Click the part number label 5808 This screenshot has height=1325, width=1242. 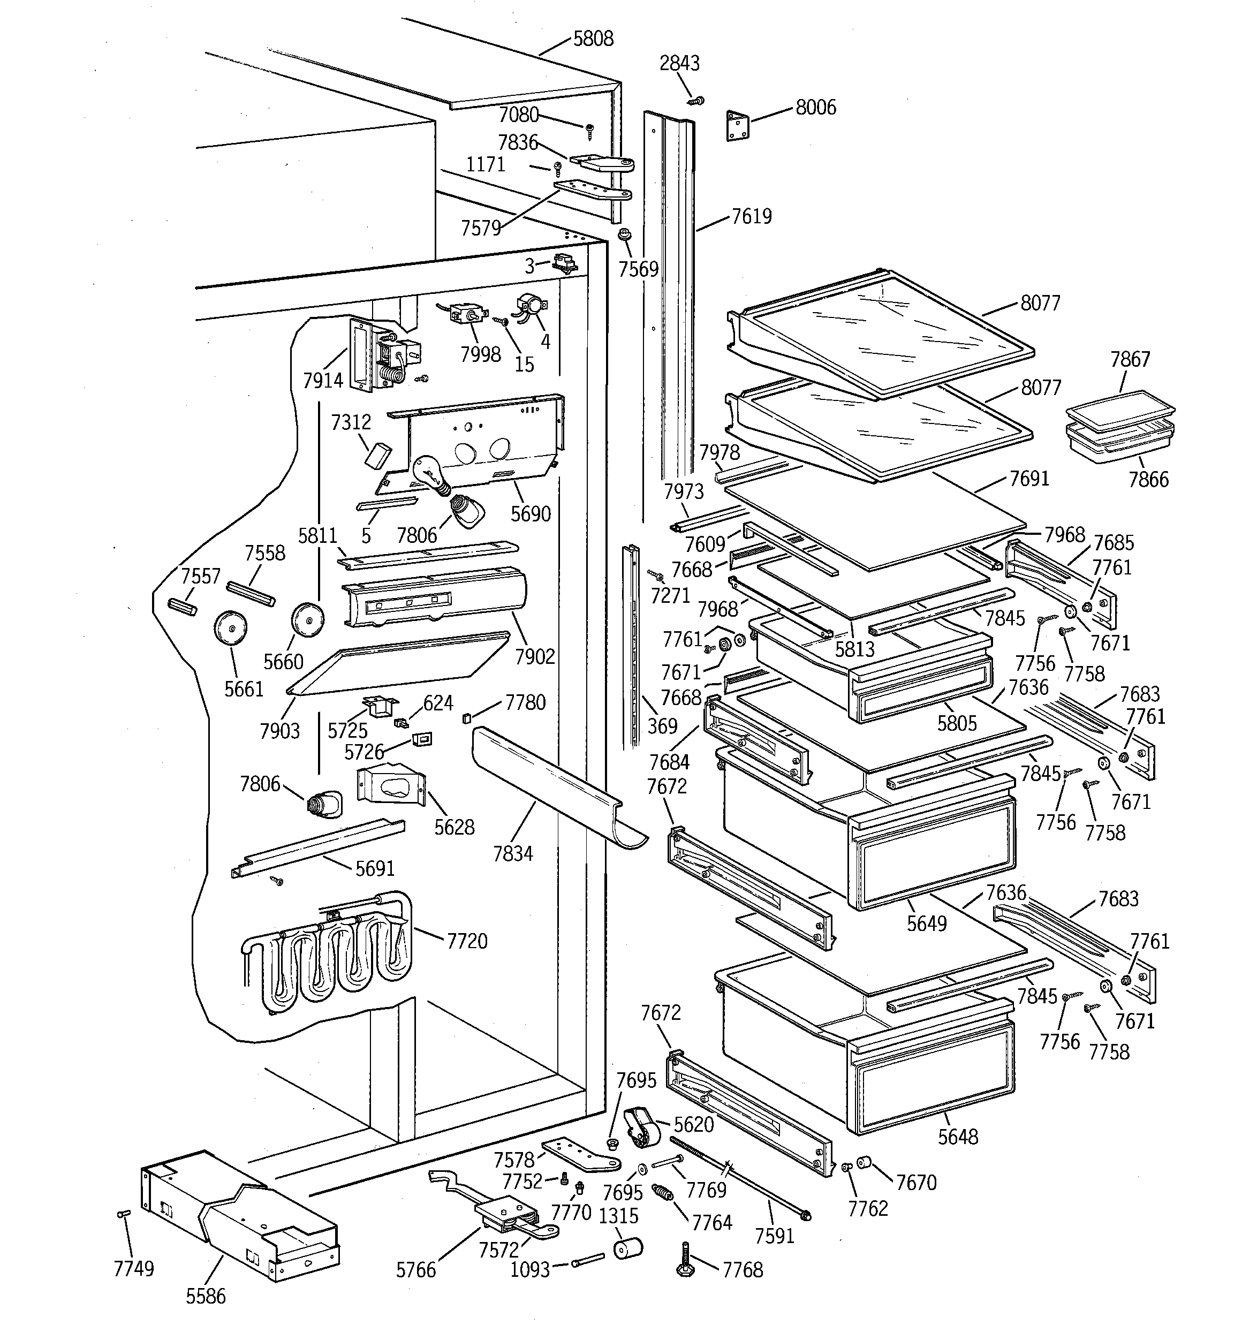[593, 39]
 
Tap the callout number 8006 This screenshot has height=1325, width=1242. [815, 107]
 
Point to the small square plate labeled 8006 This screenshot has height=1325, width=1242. [737, 126]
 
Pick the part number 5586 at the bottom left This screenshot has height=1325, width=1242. [206, 1296]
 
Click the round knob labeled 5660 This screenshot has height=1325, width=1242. [307, 619]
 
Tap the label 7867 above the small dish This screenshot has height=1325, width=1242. [1130, 360]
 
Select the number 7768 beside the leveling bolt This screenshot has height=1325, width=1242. [742, 1270]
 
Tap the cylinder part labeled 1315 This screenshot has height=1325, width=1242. [627, 1248]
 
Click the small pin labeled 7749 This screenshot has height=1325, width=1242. [123, 1214]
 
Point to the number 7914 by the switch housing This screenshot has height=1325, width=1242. [323, 381]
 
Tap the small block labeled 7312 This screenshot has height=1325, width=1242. [378, 454]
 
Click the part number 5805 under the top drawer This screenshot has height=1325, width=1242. [956, 723]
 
